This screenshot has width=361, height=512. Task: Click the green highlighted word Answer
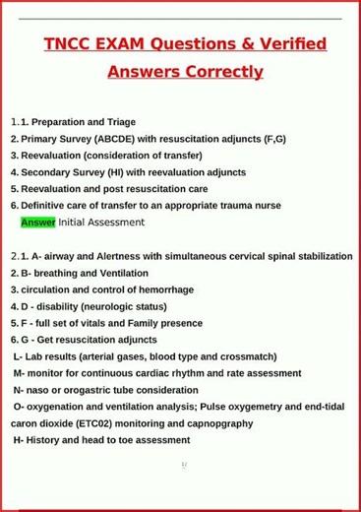tap(37, 223)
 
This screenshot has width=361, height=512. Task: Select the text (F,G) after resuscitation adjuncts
tap(274, 139)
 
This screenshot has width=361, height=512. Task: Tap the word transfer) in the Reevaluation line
tap(180, 156)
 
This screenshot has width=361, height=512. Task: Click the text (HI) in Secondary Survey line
tap(115, 172)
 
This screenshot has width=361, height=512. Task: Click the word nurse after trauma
tap(268, 206)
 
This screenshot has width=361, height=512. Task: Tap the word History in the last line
tap(44, 440)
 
